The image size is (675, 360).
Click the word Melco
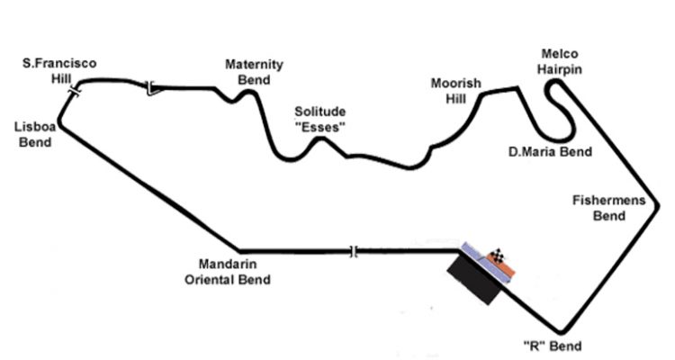pos(559,54)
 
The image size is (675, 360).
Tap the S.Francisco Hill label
pos(60,70)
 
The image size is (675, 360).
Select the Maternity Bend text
pos(254,72)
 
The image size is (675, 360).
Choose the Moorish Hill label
pos(455,91)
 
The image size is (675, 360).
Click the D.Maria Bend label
pos(550,152)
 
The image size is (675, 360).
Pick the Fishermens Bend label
pos(609,208)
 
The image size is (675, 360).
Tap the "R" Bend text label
pos(552,346)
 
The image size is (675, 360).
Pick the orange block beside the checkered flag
pos(508,267)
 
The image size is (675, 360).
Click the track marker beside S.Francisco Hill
pos(75,91)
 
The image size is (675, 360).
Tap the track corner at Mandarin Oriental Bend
pos(239,250)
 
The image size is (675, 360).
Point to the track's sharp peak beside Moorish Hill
pos(517,88)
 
